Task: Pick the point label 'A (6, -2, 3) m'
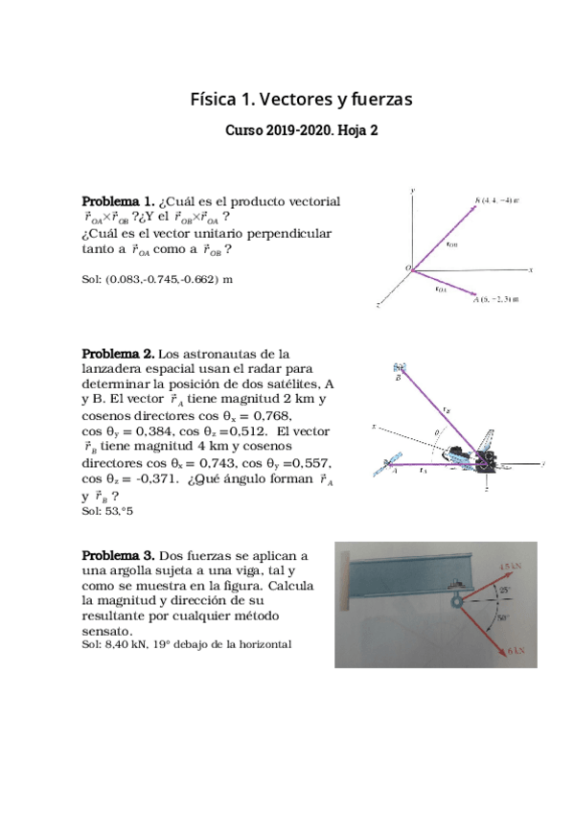tap(495, 299)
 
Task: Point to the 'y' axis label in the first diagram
tap(412, 191)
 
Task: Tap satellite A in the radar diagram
tap(388, 464)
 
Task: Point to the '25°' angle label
tap(505, 590)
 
